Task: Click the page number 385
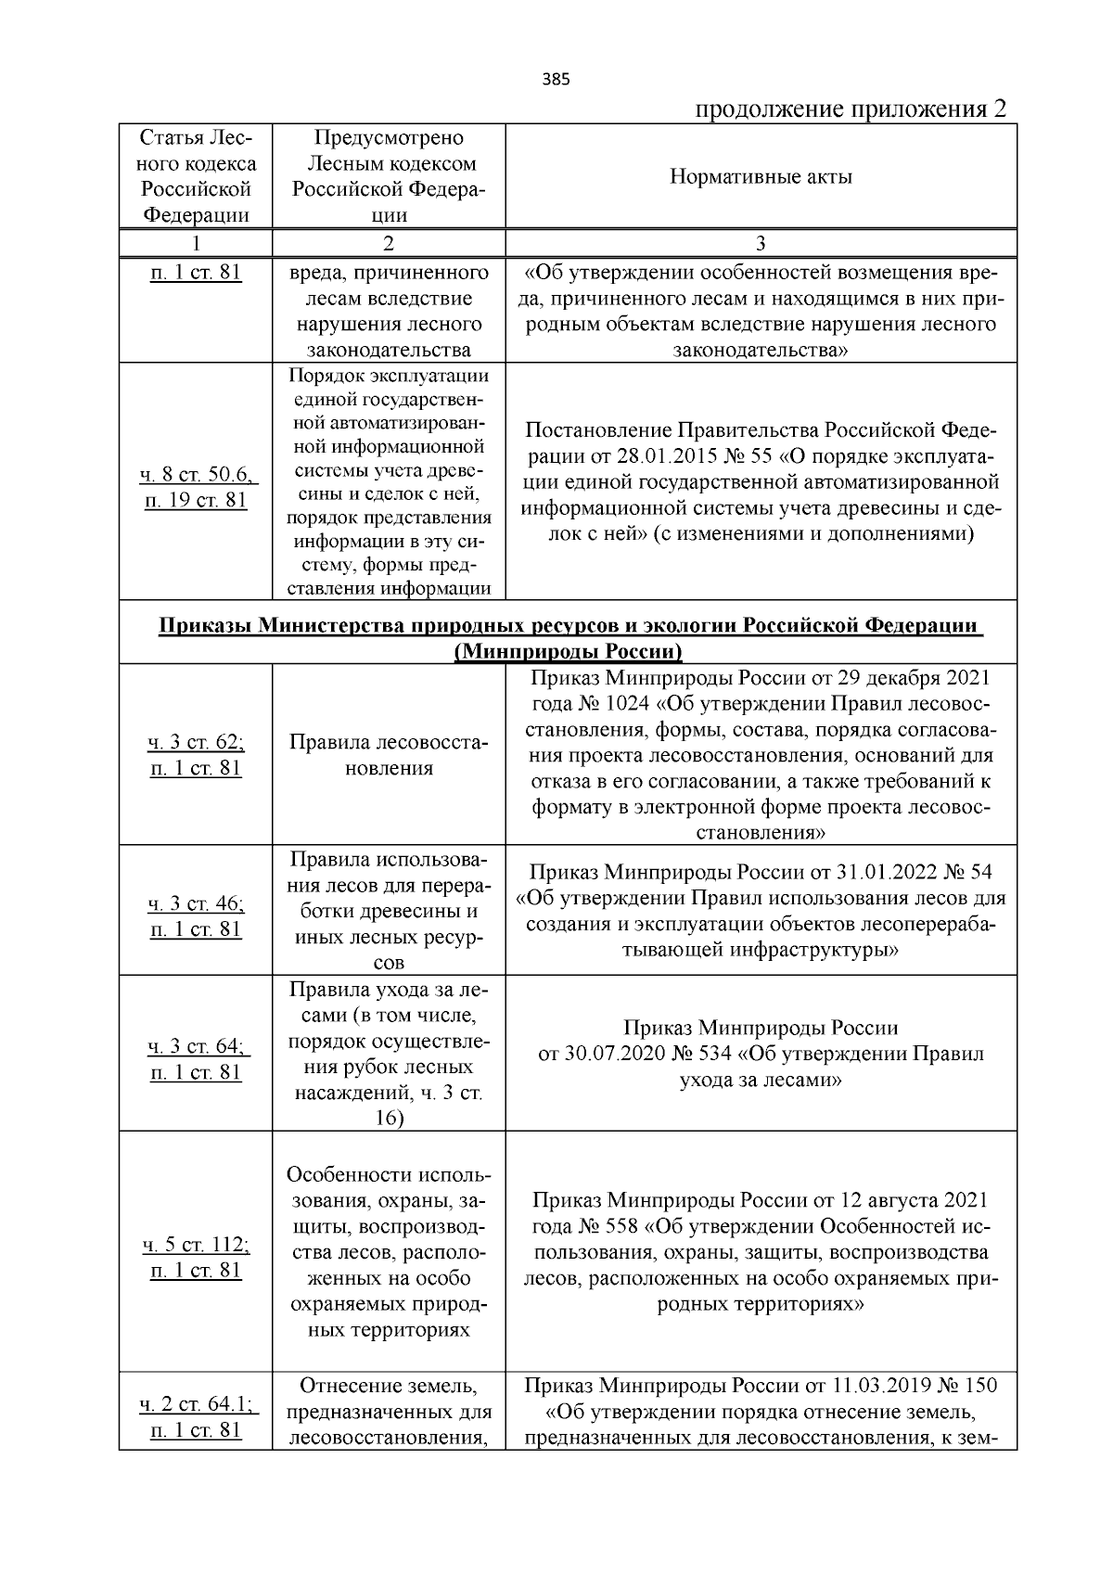coord(556,79)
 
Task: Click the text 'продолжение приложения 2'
coord(851,109)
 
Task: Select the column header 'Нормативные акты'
coord(761,176)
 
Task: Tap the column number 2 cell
coord(388,244)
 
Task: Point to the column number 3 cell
coord(761,244)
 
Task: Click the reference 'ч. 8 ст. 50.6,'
coord(197,475)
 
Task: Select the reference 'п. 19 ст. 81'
coord(197,501)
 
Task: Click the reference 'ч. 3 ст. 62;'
coord(197,742)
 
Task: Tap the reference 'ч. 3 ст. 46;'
coord(197,903)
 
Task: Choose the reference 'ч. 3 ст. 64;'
coord(197,1046)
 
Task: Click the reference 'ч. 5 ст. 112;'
coord(197,1244)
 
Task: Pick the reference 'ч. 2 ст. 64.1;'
coord(197,1404)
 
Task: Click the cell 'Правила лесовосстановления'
coord(388,755)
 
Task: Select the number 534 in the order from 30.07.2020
coord(715,1055)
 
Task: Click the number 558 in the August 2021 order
coord(620,1227)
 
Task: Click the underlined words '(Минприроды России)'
coord(568,651)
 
